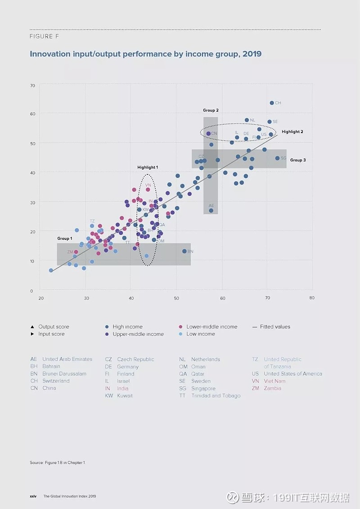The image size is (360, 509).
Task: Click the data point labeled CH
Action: click(272, 103)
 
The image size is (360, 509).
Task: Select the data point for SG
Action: click(277, 158)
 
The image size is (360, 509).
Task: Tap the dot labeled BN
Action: click(184, 251)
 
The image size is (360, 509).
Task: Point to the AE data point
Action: click(211, 211)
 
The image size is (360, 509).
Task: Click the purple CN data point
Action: click(208, 134)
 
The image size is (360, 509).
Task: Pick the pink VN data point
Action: click(148, 189)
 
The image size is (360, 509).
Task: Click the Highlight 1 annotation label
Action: click(148, 167)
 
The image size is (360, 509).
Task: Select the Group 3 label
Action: click(298, 160)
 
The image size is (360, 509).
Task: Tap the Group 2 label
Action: click(211, 110)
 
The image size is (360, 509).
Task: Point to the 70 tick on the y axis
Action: click(32, 85)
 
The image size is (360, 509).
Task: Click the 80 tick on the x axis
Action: click(311, 298)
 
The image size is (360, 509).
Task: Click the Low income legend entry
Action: click(200, 334)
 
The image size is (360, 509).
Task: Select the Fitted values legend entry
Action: click(275, 327)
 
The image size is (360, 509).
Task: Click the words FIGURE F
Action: click(44, 36)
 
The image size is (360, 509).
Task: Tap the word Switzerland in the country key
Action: click(56, 381)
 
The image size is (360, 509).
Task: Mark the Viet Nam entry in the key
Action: click(274, 381)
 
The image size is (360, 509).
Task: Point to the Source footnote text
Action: click(57, 463)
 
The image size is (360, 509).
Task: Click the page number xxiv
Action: click(33, 496)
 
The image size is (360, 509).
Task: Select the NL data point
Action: click(247, 120)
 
